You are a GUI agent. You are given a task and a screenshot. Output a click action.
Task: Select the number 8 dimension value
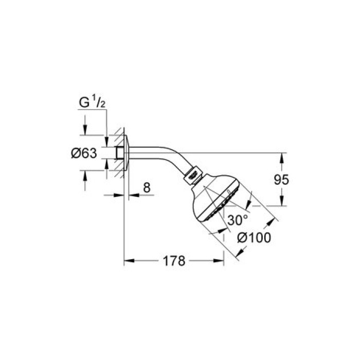(147, 188)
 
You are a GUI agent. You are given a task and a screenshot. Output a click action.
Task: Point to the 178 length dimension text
(174, 261)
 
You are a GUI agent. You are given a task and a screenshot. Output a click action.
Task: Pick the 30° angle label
(238, 220)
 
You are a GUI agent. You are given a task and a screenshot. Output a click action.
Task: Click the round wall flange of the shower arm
(126, 153)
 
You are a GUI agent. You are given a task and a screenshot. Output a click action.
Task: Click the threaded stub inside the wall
(119, 153)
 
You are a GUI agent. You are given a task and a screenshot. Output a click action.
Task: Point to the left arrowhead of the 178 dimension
(128, 261)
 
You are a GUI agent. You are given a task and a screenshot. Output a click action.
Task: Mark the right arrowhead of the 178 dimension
(221, 261)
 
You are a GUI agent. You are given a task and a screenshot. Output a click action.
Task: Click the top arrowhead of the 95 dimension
(282, 155)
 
